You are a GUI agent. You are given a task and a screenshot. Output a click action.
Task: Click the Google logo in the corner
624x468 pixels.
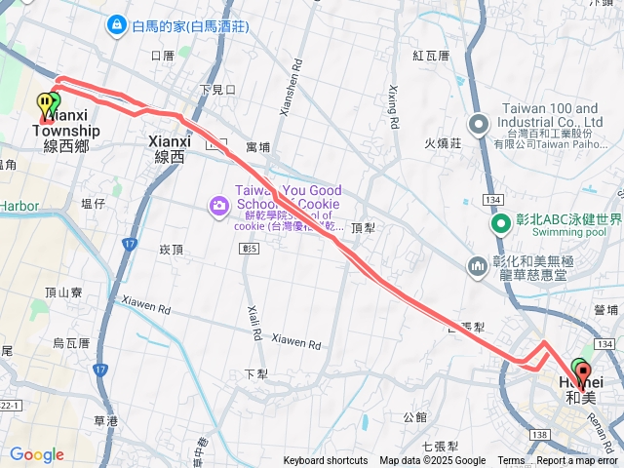(x=37, y=454)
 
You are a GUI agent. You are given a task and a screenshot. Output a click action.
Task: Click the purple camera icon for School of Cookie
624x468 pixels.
(x=217, y=205)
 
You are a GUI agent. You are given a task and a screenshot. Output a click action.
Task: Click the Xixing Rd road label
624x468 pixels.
(x=393, y=108)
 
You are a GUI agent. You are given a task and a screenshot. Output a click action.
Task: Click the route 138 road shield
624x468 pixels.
(x=540, y=433)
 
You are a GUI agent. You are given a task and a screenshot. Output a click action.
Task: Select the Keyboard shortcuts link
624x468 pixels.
(x=327, y=461)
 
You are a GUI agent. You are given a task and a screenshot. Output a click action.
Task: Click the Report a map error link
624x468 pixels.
(x=578, y=461)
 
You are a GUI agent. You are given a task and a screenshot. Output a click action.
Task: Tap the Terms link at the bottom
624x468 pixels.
(x=511, y=461)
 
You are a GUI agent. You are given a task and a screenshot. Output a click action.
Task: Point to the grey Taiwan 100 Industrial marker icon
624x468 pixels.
(x=478, y=124)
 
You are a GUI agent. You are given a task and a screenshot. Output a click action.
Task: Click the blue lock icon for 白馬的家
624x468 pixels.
(x=116, y=21)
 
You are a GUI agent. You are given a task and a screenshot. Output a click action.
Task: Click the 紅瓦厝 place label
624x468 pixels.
(x=430, y=56)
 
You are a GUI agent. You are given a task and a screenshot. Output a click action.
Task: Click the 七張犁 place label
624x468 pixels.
(x=441, y=446)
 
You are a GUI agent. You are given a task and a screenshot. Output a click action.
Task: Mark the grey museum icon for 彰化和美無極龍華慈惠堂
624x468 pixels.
(x=478, y=265)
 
